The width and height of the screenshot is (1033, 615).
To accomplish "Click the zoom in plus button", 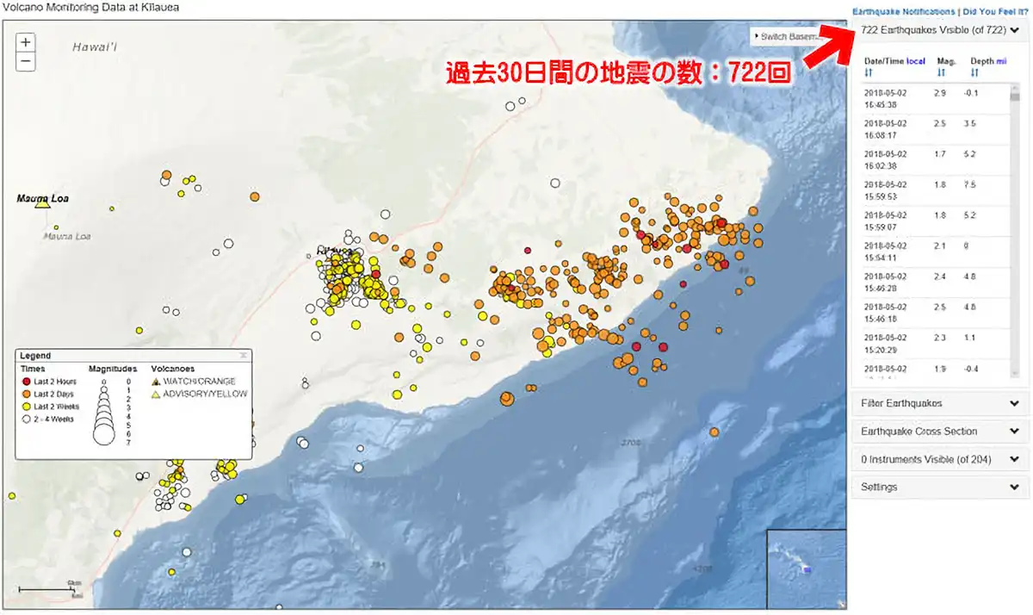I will (27, 42).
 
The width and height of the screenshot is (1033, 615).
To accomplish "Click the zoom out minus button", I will (27, 61).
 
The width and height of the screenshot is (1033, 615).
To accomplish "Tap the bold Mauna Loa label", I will (42, 199).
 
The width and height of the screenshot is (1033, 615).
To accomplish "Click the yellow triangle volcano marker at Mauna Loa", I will (41, 203).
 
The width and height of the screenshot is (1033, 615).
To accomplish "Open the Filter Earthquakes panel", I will (939, 403).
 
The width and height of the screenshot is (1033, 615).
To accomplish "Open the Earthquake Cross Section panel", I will (939, 432).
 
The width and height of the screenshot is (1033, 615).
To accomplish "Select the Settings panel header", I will (939, 488).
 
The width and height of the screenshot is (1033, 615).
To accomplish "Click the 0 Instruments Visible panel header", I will (939, 460).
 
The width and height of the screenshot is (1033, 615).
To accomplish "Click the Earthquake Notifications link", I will (903, 12).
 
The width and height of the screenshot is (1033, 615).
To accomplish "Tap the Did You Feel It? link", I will (994, 12).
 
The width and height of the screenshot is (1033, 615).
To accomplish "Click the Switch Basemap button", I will (785, 37).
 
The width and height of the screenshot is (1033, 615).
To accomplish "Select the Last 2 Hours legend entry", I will (53, 381).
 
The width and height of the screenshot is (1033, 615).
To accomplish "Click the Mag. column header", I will (946, 61).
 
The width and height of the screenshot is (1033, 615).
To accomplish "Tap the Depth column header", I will (982, 61).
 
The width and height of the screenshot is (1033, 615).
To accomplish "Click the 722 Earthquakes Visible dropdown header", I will (939, 30).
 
